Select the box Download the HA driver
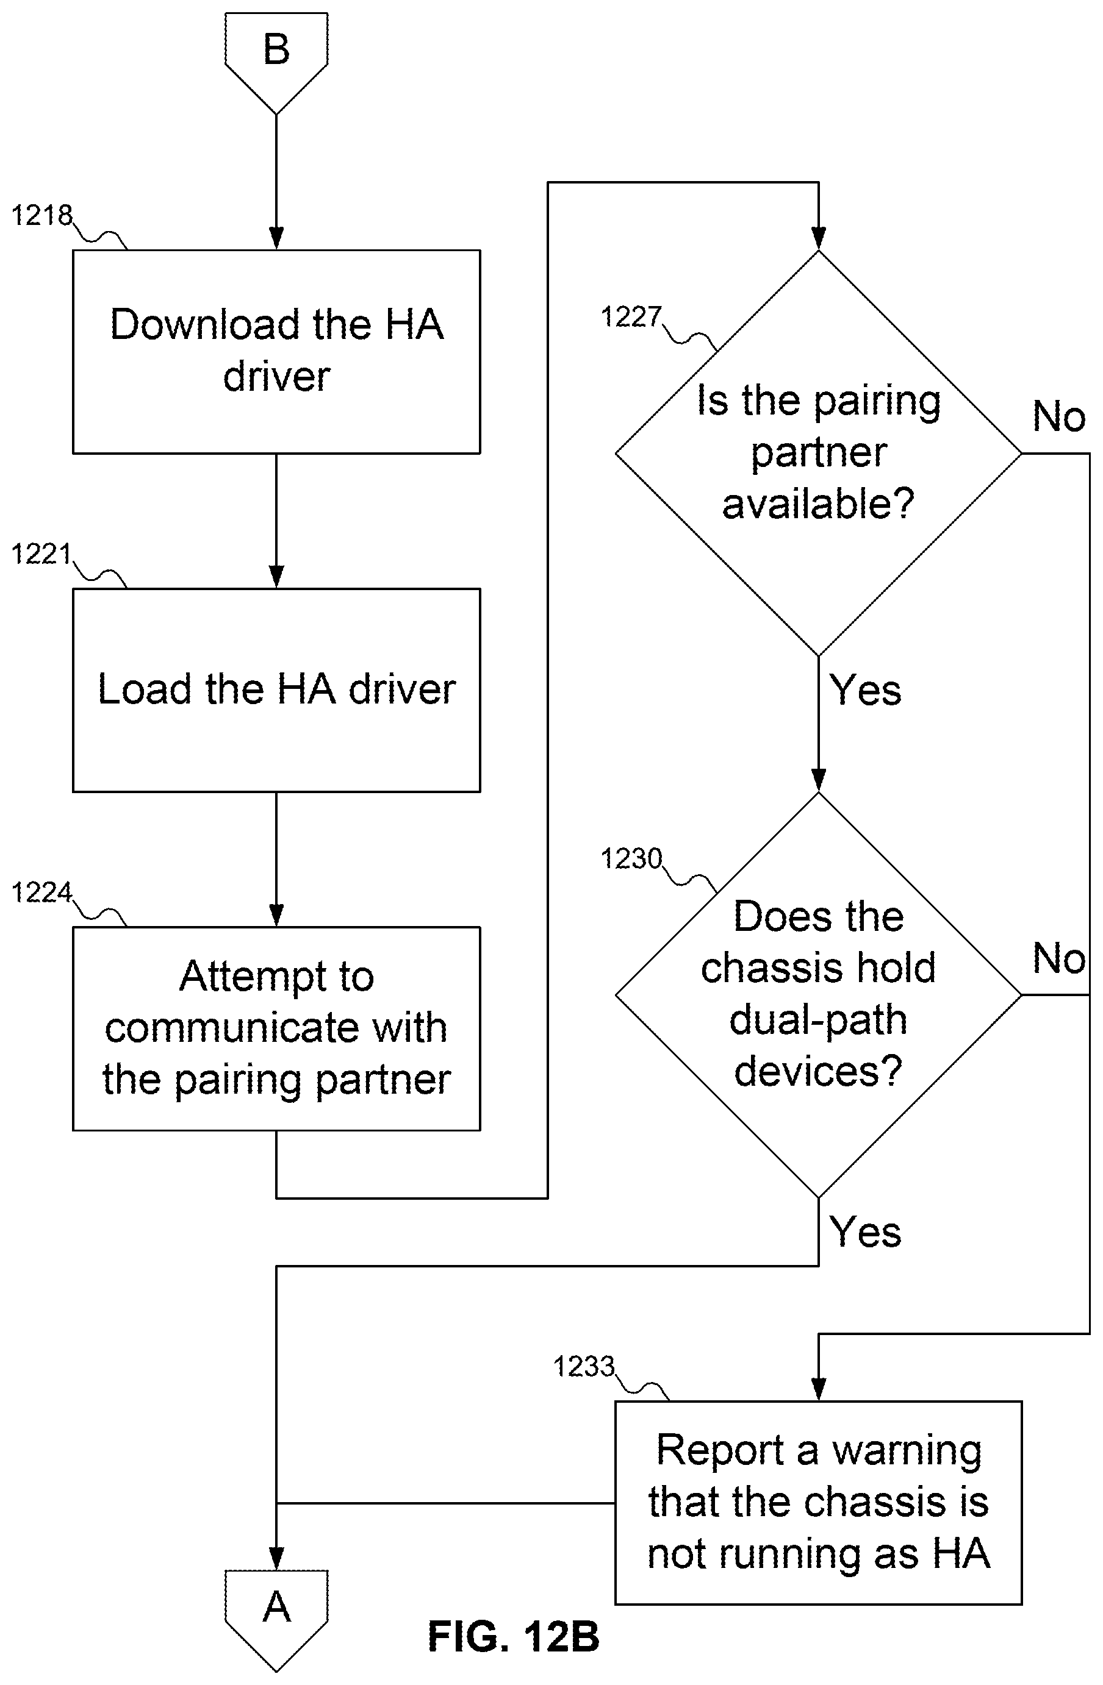coord(276,351)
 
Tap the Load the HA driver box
coord(276,689)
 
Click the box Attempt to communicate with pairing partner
coord(276,1028)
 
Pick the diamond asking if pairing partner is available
coord(818,453)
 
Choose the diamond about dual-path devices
coord(818,995)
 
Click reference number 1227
coord(631,317)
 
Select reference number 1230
coord(631,858)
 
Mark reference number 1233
coord(584,1366)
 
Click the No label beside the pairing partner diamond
coord(1059,416)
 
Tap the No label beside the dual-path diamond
coord(1059,958)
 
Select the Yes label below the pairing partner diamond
coord(866,689)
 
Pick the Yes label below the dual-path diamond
coord(866,1232)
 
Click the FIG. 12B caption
coord(514,1636)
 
